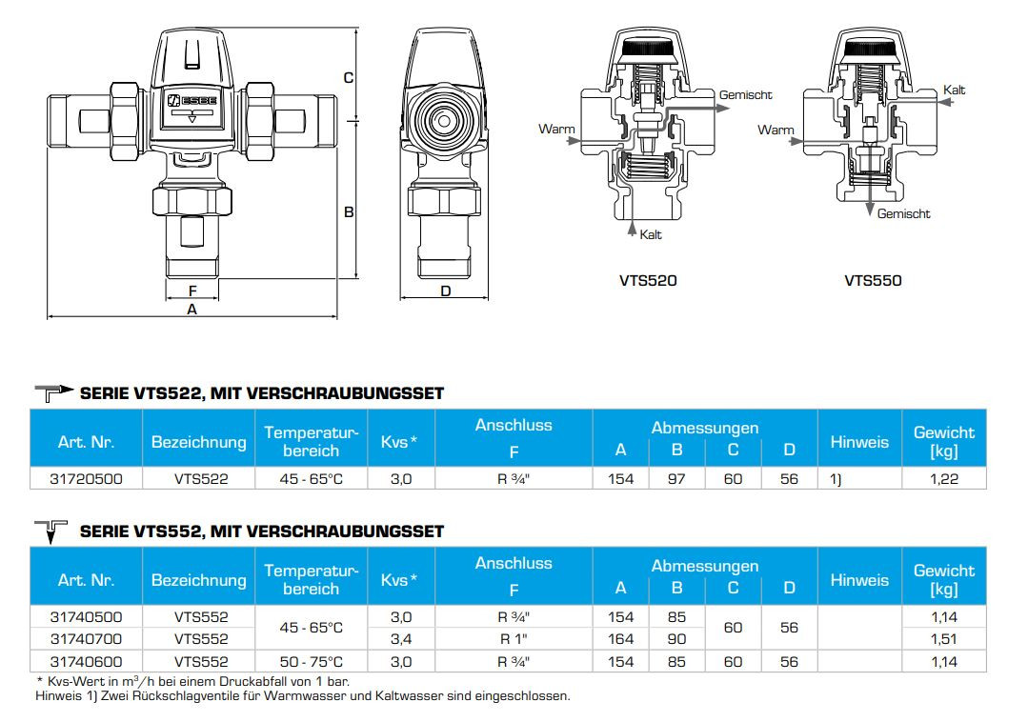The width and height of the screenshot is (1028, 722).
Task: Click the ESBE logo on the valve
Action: pyautogui.click(x=192, y=101)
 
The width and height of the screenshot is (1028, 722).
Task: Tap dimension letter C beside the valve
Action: pyautogui.click(x=349, y=78)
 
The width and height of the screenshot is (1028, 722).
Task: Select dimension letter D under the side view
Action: pyautogui.click(x=446, y=291)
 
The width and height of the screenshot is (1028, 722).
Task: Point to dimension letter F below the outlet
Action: pyautogui.click(x=192, y=291)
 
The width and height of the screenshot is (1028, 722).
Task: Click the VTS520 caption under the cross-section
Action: pyautogui.click(x=648, y=280)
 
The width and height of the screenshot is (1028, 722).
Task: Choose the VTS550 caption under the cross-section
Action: pyautogui.click(x=873, y=280)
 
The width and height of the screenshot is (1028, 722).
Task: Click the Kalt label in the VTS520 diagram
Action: pyautogui.click(x=651, y=234)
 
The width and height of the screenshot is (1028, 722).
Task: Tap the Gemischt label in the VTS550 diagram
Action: pyautogui.click(x=903, y=213)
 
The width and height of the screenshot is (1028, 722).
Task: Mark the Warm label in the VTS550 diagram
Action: pyautogui.click(x=776, y=130)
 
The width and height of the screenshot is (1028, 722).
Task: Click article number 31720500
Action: pyautogui.click(x=86, y=479)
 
